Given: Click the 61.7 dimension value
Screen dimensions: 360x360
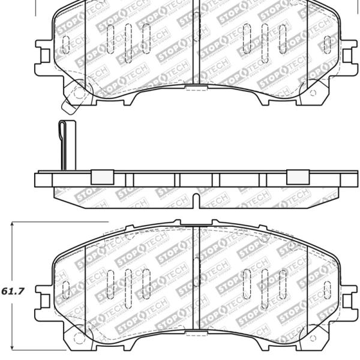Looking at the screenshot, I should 13,292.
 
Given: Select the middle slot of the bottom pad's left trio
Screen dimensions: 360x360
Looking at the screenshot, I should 128,283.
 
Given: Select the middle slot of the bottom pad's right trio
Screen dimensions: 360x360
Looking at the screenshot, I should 264,283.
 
